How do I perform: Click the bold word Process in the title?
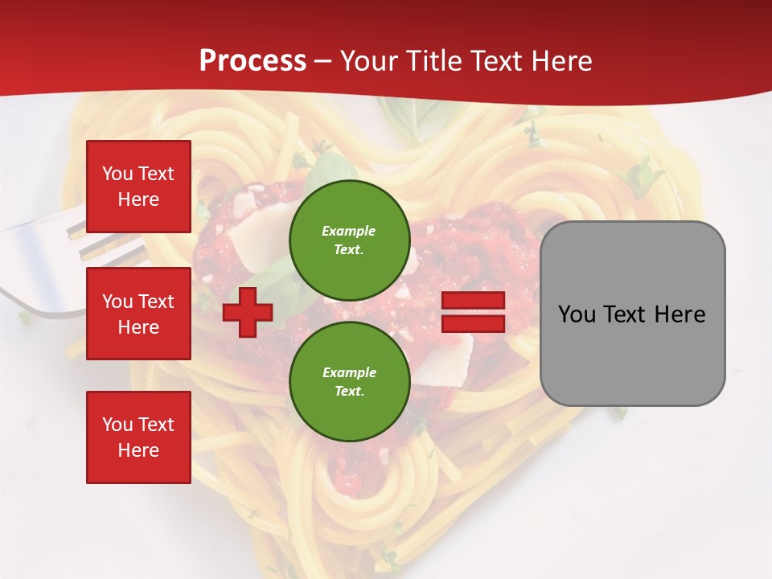click(x=253, y=61)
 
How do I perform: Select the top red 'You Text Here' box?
click(x=138, y=187)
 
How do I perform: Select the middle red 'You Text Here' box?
click(x=138, y=314)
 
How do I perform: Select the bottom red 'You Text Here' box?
click(x=138, y=437)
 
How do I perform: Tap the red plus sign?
click(x=248, y=312)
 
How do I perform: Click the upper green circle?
click(x=349, y=240)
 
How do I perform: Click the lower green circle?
click(x=349, y=382)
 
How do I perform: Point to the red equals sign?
click(x=473, y=312)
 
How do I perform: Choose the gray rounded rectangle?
click(x=632, y=314)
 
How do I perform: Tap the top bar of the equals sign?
click(x=473, y=301)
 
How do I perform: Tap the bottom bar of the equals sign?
click(x=473, y=323)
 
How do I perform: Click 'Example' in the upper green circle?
click(x=349, y=231)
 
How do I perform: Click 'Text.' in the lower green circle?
click(x=349, y=392)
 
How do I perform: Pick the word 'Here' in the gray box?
click(x=680, y=314)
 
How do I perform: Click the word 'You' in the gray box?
click(x=577, y=314)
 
